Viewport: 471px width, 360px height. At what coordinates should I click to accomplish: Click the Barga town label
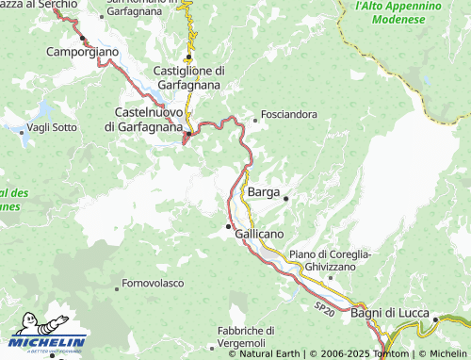coord(263,191)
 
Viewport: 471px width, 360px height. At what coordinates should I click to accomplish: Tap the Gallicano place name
coord(259,233)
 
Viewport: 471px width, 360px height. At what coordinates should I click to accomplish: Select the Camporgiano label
coord(83,51)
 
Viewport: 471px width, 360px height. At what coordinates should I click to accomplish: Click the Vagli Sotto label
coord(53,127)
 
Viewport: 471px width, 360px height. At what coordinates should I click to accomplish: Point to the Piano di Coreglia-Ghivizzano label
coord(330,260)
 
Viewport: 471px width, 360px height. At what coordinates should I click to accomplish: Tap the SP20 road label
coord(323,308)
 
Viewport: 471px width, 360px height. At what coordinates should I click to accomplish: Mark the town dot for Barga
coord(285,198)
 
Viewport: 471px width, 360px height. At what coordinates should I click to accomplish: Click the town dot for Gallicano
coord(227,227)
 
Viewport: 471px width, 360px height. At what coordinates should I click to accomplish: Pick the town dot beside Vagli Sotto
coord(22,132)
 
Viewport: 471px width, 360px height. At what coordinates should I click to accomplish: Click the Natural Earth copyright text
coord(265,354)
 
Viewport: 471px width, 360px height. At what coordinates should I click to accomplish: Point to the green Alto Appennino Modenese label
coord(399,12)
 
